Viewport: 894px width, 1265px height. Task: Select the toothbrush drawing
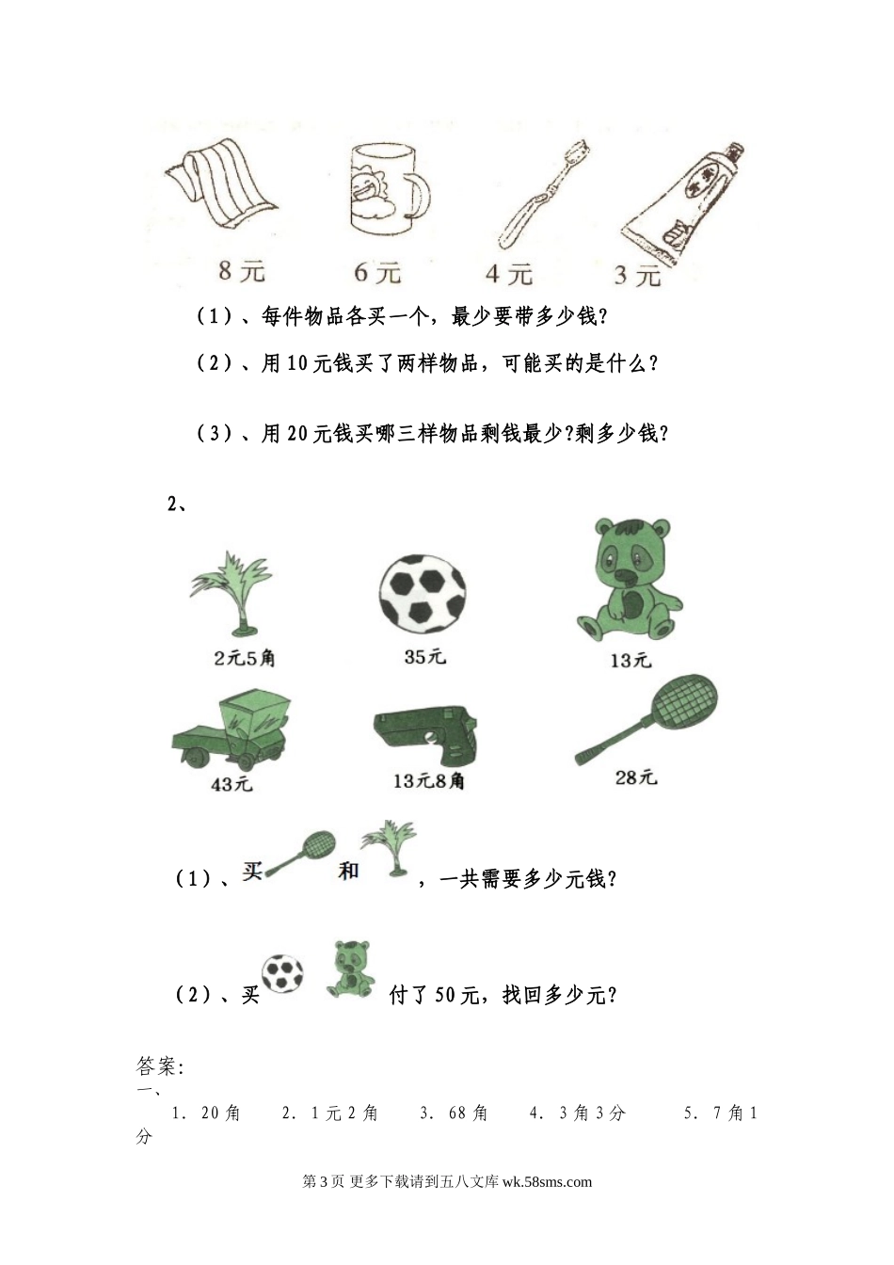coord(544,195)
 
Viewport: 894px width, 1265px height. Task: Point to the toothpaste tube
coord(682,204)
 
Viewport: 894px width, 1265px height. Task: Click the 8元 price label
coord(242,271)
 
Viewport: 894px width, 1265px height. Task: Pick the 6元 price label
coord(377,273)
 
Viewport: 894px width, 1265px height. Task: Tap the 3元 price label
coord(638,276)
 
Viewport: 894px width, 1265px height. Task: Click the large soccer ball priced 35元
coord(423,592)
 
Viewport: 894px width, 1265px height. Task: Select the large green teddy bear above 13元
coord(630,580)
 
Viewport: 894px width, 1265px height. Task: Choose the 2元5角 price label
coord(245,658)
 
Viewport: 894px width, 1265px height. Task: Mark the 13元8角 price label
coord(428,781)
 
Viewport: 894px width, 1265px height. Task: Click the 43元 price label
coord(232,784)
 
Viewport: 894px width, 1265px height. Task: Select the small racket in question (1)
coord(299,854)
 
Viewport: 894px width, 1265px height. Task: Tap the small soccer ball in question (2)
coord(282,974)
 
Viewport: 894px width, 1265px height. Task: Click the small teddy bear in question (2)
coord(351,969)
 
